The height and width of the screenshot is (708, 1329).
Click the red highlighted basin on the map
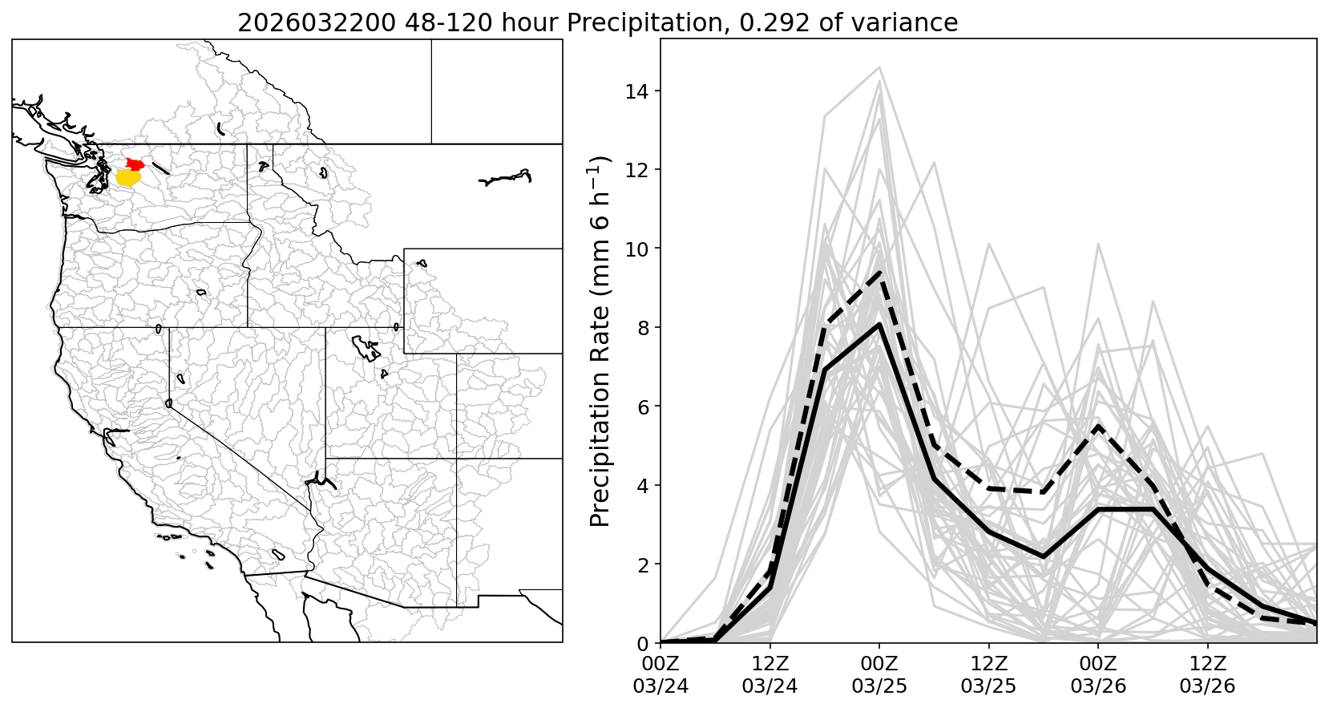click(x=135, y=164)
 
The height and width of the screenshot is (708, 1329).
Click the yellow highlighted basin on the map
click(x=127, y=178)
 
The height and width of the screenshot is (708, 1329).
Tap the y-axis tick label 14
click(x=639, y=91)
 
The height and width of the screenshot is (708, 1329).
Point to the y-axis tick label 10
click(x=639, y=249)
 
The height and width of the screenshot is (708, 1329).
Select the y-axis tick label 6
click(x=644, y=407)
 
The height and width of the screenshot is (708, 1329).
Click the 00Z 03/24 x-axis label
click(x=660, y=675)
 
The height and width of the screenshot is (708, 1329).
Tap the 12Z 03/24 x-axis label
click(x=770, y=675)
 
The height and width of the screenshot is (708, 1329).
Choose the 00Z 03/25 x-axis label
click(x=879, y=675)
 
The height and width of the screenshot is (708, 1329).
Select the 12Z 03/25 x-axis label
click(x=988, y=675)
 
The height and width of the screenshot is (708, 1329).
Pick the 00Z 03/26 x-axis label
click(x=1098, y=675)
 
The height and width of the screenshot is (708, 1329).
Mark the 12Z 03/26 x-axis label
click(x=1207, y=675)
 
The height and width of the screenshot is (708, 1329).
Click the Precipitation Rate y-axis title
click(x=600, y=341)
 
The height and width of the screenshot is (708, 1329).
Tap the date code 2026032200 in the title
click(x=316, y=23)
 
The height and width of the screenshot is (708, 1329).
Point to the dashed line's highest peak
click(x=880, y=273)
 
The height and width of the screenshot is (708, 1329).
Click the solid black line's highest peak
click(x=880, y=324)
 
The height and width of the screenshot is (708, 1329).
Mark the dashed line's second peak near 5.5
click(x=1098, y=427)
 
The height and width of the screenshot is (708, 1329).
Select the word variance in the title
click(x=911, y=23)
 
